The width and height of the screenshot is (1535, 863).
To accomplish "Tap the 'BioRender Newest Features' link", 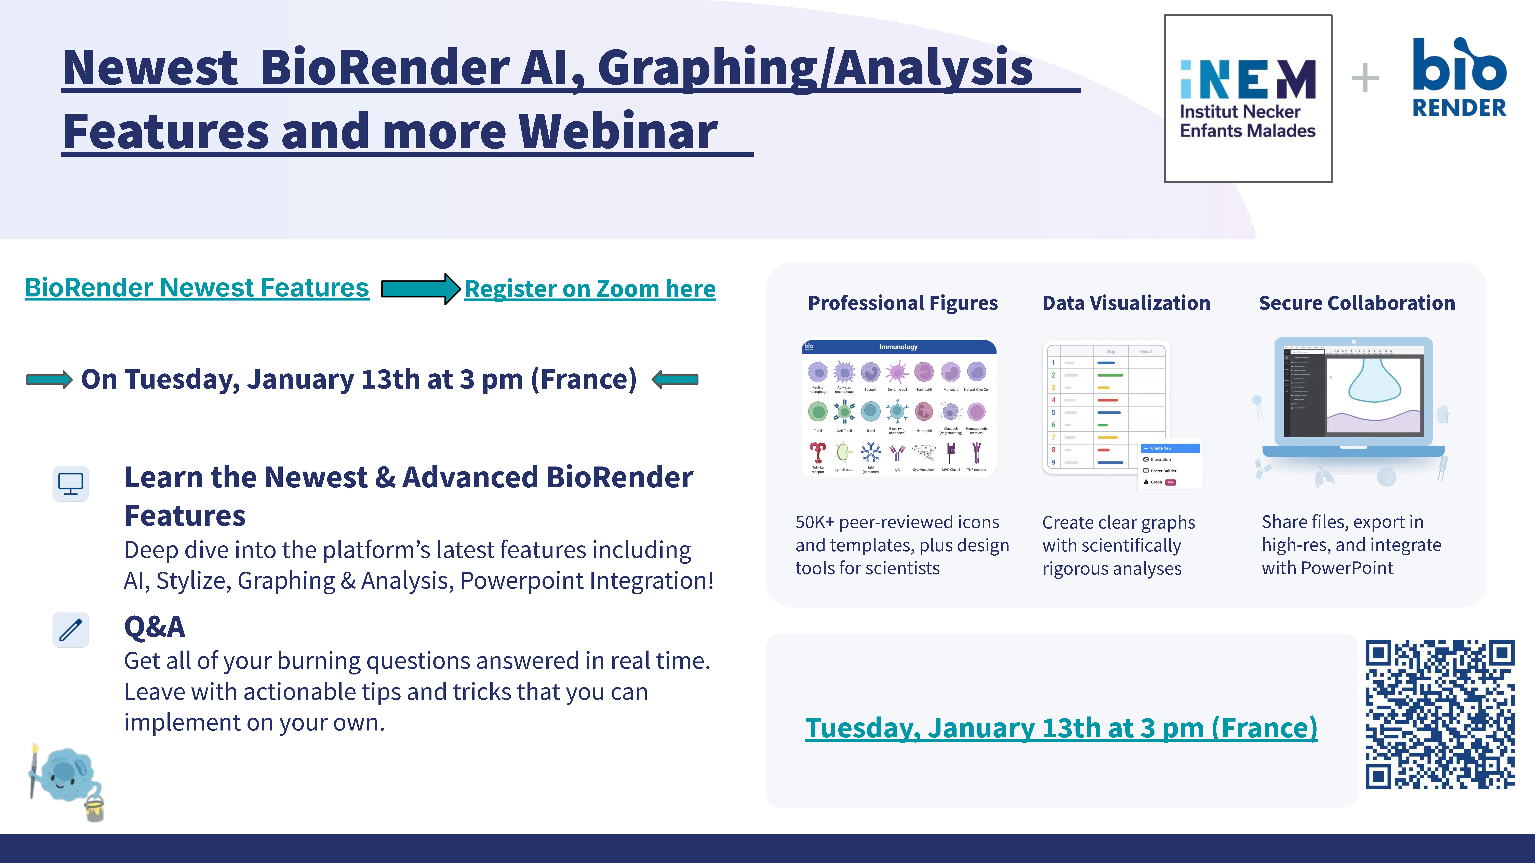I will [197, 288].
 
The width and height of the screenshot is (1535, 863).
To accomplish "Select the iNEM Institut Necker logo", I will [1248, 98].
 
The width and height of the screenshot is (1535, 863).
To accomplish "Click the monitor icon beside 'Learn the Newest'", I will [70, 483].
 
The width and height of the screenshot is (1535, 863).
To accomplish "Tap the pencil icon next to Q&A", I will [70, 629].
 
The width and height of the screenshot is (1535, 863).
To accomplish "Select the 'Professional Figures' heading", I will [902, 303].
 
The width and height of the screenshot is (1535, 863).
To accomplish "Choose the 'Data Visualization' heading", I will [1126, 303].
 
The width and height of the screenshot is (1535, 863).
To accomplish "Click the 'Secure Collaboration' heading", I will [1356, 303].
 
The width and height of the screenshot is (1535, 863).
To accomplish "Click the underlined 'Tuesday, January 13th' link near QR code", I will [1061, 728].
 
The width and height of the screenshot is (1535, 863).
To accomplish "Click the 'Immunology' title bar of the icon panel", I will [898, 347].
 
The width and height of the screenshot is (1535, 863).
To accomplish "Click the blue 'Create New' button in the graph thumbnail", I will [1170, 448].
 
